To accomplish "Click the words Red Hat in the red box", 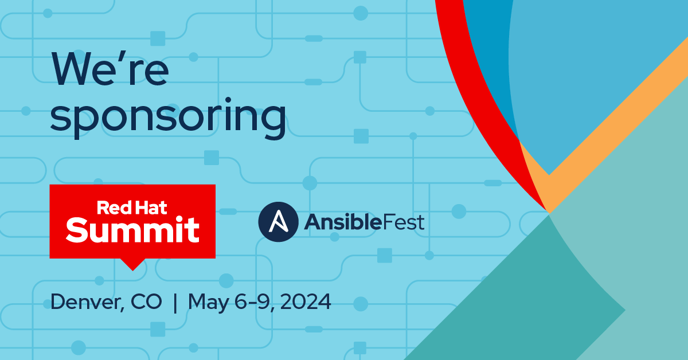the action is [x=132, y=208].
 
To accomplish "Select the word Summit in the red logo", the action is [x=132, y=229].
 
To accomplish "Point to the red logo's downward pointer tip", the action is [x=132, y=271].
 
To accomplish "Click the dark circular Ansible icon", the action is [x=278, y=222].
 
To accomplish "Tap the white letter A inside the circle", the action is [x=278, y=221].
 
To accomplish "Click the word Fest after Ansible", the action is [x=404, y=222].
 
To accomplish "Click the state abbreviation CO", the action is [x=146, y=302].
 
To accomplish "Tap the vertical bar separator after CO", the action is [x=175, y=303].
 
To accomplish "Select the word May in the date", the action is [x=209, y=303].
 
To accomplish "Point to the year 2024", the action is [x=305, y=302].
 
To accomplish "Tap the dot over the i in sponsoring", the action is [x=228, y=100].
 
